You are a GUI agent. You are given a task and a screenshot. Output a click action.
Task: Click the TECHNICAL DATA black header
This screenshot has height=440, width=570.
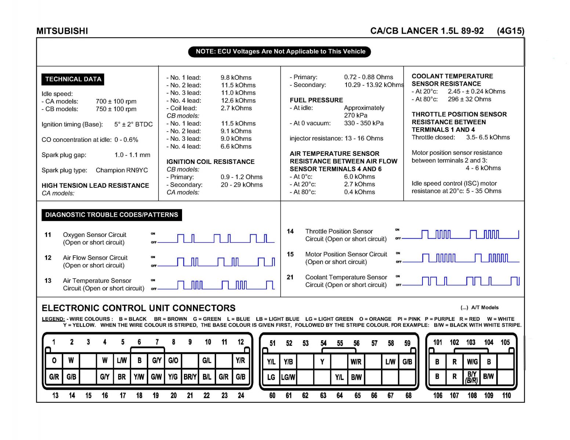(x=73, y=79)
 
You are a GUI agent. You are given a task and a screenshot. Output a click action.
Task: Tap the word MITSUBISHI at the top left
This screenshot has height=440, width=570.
(x=62, y=31)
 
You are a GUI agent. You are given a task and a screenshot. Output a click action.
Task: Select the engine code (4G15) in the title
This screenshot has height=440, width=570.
(x=511, y=31)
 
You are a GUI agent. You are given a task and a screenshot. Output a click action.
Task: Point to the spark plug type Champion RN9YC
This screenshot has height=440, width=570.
(x=121, y=170)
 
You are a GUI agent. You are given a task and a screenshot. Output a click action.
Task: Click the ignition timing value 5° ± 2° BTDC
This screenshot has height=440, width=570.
(x=133, y=124)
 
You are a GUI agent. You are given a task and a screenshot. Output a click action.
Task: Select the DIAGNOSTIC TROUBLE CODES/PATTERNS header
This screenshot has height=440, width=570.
(x=112, y=215)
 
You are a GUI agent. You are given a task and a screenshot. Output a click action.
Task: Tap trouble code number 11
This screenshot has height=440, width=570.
(x=48, y=235)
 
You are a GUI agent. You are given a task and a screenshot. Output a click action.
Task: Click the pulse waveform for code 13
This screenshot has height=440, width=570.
(x=215, y=285)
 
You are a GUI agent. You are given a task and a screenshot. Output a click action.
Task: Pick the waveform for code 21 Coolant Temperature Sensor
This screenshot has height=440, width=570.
(x=461, y=281)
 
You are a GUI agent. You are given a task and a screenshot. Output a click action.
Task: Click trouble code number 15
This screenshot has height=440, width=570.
(x=290, y=254)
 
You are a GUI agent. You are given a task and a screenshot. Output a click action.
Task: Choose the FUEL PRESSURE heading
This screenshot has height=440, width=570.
(x=316, y=100)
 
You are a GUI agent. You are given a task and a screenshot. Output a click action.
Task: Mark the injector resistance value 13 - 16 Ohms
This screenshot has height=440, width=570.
(x=363, y=138)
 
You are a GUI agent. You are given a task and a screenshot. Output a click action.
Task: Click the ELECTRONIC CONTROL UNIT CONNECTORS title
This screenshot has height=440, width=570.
(x=139, y=308)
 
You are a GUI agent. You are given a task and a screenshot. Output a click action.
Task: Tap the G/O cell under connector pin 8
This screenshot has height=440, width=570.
(x=173, y=360)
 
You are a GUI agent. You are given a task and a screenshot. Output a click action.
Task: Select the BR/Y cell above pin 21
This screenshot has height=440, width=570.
(x=190, y=377)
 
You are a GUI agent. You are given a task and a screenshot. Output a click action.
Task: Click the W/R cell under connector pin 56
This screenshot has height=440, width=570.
(x=356, y=362)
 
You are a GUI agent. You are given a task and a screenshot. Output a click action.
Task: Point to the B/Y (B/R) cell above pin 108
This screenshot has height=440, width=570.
(x=472, y=377)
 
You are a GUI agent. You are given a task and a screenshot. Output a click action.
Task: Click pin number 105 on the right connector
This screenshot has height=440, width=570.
(x=505, y=342)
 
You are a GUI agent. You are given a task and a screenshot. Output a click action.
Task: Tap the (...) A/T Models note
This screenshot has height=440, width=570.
(x=479, y=308)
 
